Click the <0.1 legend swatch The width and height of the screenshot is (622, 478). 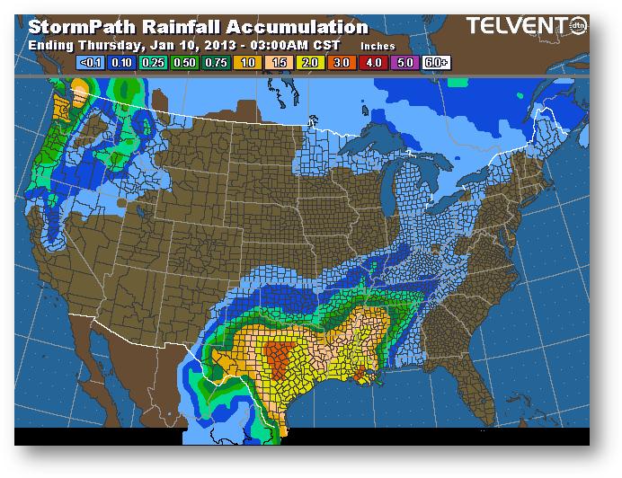(x=92, y=64)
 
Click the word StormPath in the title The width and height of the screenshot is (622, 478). (x=80, y=29)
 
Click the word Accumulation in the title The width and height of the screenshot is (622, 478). (x=298, y=29)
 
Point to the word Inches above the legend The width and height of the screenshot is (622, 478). (x=378, y=45)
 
